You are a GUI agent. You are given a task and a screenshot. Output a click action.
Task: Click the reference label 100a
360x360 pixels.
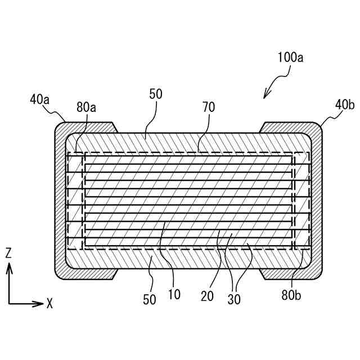[x=291, y=57]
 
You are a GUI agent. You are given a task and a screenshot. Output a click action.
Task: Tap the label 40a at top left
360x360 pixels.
[x=40, y=100]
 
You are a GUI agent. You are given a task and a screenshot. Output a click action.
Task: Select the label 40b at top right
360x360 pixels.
[x=345, y=105]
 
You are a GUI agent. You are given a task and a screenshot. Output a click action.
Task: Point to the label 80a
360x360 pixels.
[x=87, y=107]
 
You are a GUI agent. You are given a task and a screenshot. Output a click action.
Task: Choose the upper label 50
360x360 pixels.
[x=156, y=94]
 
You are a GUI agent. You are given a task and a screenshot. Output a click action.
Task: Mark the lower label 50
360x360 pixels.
[x=150, y=299]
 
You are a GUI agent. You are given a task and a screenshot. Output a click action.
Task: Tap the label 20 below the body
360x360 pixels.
[x=207, y=296]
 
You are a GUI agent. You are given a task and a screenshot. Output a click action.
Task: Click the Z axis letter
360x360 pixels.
[x=8, y=253]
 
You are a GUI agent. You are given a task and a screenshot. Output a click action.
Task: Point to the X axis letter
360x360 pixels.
[x=49, y=304]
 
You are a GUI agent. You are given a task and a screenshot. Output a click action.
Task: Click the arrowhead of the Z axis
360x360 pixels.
[x=9, y=267]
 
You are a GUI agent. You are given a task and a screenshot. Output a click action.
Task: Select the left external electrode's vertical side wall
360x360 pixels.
[x=60, y=200]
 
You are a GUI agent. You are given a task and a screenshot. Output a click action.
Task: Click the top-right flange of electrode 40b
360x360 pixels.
[x=287, y=127]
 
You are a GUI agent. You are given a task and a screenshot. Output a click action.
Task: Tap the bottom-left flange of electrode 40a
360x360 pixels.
[x=90, y=273]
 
